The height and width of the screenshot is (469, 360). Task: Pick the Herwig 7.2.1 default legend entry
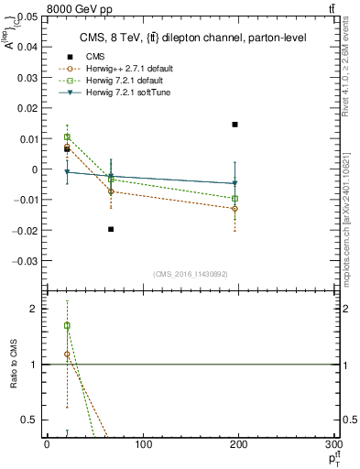(123, 82)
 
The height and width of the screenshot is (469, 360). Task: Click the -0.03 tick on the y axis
(28, 260)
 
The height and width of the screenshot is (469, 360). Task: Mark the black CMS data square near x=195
(235, 125)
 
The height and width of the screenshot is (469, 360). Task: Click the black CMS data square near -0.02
(111, 229)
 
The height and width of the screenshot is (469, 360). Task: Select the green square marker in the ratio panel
(67, 326)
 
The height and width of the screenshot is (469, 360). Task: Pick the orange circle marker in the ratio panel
(67, 354)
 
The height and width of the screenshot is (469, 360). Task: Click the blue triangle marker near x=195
(235, 183)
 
